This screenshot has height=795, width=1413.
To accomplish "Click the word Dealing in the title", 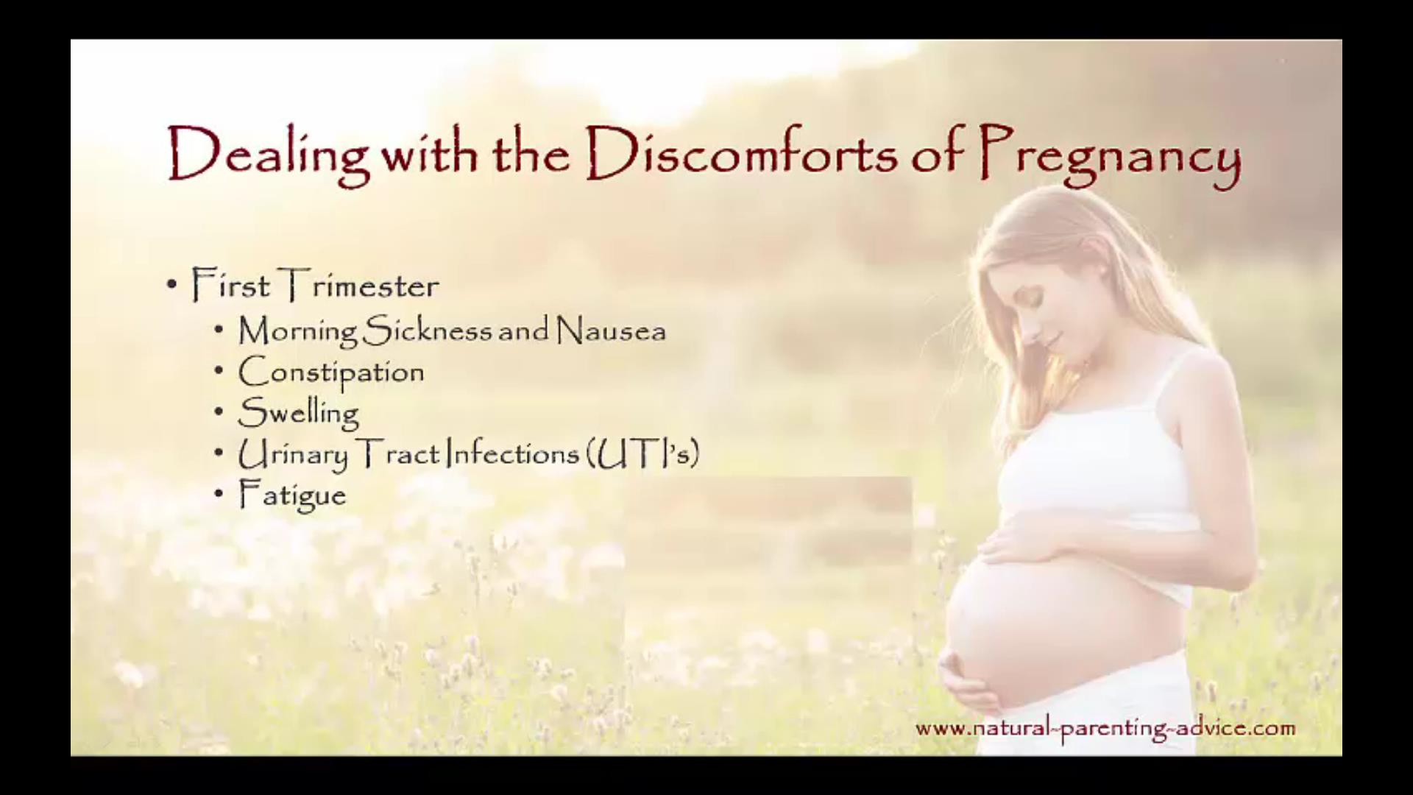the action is point(269,155).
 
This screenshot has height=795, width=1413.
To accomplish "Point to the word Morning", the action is point(298,331).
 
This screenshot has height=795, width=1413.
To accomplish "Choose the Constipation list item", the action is point(331,372).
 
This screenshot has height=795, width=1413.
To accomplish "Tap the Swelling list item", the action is point(299,413).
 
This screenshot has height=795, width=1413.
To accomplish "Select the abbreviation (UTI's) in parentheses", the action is point(642,454).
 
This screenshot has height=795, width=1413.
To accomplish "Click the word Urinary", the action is point(293,455).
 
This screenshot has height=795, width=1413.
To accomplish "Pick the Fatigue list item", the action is point(292,495).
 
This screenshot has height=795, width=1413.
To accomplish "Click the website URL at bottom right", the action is point(1105,729).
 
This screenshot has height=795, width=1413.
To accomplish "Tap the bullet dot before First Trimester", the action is point(172,285).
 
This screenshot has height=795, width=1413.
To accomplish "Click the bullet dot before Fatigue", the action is point(219,494).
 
